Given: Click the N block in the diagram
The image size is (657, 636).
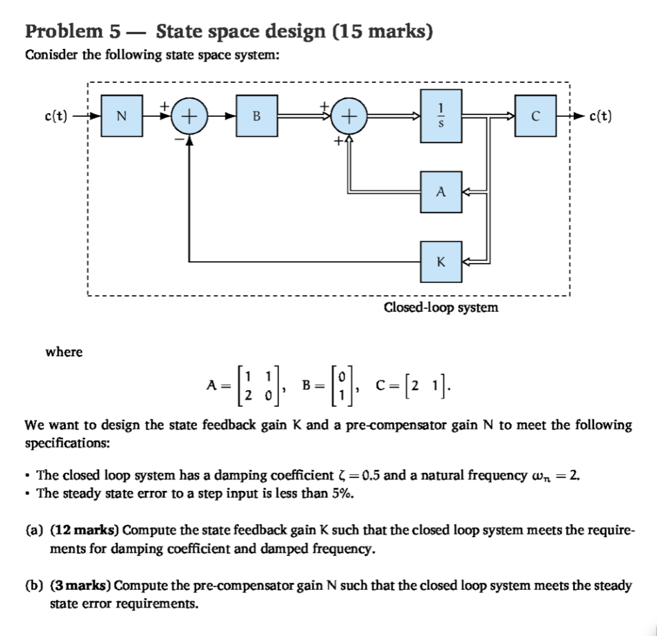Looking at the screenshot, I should (122, 116).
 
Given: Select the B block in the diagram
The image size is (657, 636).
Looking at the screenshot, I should (257, 116).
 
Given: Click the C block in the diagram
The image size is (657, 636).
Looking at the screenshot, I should (534, 116).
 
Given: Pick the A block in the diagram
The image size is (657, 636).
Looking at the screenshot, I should (441, 191).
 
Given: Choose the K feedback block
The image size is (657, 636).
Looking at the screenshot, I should (441, 262).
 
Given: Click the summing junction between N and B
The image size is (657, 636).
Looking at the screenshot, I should (189, 116).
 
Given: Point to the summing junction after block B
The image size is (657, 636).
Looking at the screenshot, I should (348, 116).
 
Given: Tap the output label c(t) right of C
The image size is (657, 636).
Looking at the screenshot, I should (599, 116).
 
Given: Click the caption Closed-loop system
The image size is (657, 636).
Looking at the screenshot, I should (441, 307).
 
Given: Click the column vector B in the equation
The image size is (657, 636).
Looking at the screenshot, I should (327, 385).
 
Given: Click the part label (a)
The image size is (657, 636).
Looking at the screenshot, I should (32, 530).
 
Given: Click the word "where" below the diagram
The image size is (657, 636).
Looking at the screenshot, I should (64, 352).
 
